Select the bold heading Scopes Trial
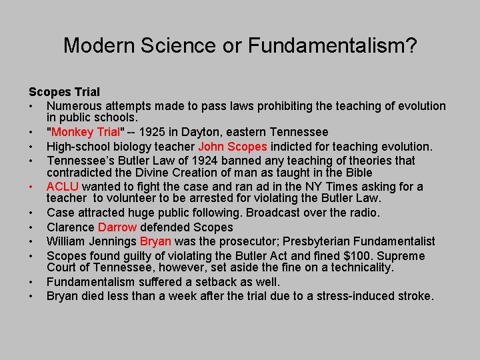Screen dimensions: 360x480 click(64, 91)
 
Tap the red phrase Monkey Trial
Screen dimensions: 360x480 click(81, 133)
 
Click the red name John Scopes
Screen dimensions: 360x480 click(233, 147)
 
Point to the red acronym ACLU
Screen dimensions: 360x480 click(63, 187)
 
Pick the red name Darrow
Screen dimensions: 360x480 click(117, 227)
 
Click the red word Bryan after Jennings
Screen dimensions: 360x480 click(155, 241)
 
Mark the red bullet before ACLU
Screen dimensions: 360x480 click(31, 187)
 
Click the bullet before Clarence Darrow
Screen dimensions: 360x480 click(31, 227)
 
